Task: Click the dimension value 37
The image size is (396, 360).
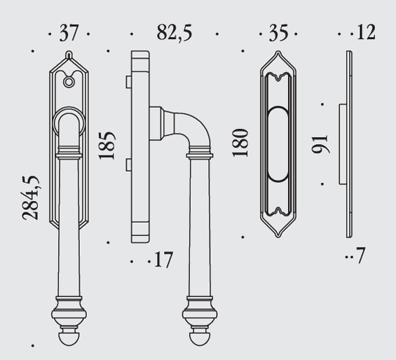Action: (69, 33)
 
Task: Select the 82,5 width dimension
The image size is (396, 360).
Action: (175, 33)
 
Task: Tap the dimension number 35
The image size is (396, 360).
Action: (278, 33)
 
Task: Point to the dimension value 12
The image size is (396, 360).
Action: (366, 32)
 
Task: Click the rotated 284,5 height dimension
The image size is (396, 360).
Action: (31, 198)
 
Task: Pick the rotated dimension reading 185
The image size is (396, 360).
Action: (107, 146)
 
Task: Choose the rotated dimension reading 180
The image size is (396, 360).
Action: (240, 143)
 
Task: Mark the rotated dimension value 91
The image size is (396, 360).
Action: (320, 144)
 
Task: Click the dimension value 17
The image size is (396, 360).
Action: (163, 260)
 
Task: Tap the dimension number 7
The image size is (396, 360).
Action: (360, 255)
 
